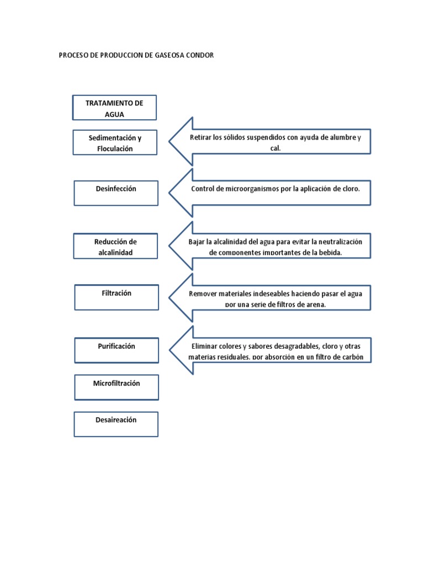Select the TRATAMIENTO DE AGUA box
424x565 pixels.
115,108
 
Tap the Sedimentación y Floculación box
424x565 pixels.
115,143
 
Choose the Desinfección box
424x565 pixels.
116,193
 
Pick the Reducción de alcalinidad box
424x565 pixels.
115,247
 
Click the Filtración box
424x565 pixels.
116,297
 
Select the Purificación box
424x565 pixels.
116,350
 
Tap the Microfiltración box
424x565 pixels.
116,387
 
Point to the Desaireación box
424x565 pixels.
116,424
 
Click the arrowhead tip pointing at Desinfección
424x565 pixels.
170,193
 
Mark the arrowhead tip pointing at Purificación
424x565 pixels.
170,350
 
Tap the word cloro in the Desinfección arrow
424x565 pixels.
348,189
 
